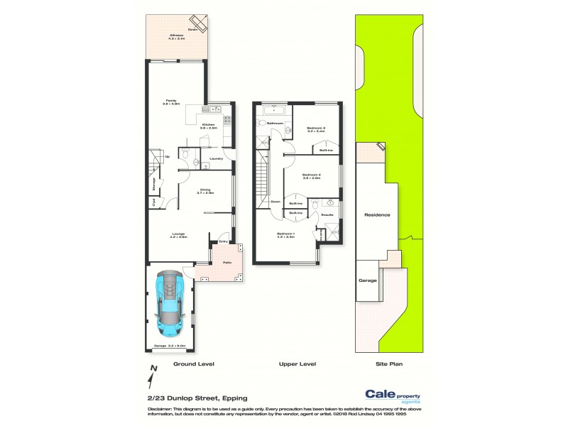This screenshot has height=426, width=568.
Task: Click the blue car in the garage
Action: pyautogui.click(x=170, y=305)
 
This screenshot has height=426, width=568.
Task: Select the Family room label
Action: pyautogui.click(x=170, y=101)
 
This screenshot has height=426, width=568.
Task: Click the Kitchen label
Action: pyautogui.click(x=209, y=125)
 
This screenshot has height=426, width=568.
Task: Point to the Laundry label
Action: pyautogui.click(x=217, y=158)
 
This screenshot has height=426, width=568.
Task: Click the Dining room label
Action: pyautogui.click(x=205, y=189)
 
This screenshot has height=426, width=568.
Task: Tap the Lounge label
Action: pyautogui.click(x=177, y=235)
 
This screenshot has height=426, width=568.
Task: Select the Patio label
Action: pyautogui.click(x=228, y=263)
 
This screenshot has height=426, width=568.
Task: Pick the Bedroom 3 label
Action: pyautogui.click(x=316, y=129)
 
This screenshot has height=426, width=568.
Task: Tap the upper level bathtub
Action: pyautogui.click(x=273, y=111)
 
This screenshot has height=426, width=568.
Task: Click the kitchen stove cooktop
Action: pyautogui.click(x=228, y=121)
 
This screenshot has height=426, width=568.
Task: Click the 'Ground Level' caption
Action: pyautogui.click(x=194, y=364)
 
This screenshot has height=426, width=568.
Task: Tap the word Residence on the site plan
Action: pyautogui.click(x=377, y=214)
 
